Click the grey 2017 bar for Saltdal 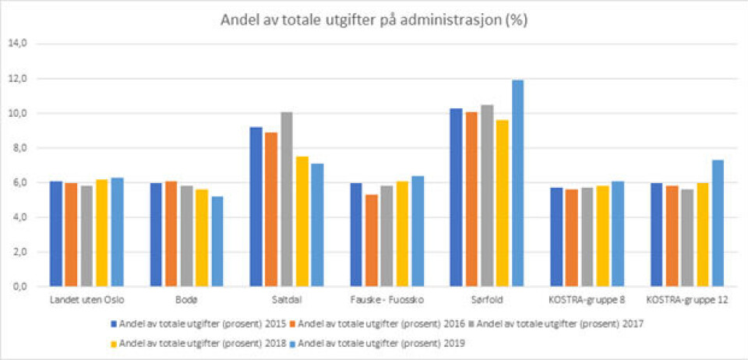point(286,199)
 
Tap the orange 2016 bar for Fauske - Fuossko point(371,241)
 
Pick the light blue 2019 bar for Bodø point(217,242)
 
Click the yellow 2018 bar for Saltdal point(301,221)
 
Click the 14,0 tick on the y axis point(17,44)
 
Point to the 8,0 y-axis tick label point(17,148)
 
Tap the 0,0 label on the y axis point(17,287)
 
